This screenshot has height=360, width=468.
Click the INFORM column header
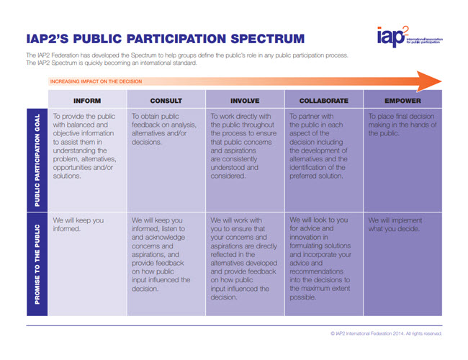pyautogui.click(x=87, y=100)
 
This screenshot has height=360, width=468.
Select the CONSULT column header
pyautogui.click(x=166, y=100)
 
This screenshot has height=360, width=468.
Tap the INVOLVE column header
pyautogui.click(x=245, y=100)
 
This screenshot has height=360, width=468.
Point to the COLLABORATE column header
pyautogui.click(x=324, y=100)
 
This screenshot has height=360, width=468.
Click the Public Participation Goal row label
pyautogui.click(x=36, y=160)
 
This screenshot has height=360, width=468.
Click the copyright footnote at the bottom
pyautogui.click(x=386, y=333)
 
